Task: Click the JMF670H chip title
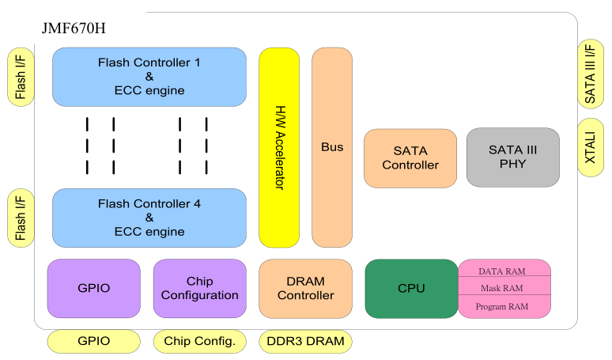(74, 29)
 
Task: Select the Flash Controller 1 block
(149, 77)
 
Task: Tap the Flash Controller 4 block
(149, 218)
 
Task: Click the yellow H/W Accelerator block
(279, 147)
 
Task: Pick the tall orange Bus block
(332, 147)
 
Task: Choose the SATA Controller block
(410, 158)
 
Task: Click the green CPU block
(411, 289)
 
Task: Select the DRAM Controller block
(305, 289)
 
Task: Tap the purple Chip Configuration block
(200, 289)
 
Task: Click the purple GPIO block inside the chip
(94, 289)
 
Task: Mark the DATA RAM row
(504, 271)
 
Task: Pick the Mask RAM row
(504, 288)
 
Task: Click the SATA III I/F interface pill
(591, 74)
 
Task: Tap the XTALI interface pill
(591, 147)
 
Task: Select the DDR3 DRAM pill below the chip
(305, 342)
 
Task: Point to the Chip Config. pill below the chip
(200, 342)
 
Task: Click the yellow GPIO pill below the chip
(94, 342)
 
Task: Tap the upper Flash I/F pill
(21, 76)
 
